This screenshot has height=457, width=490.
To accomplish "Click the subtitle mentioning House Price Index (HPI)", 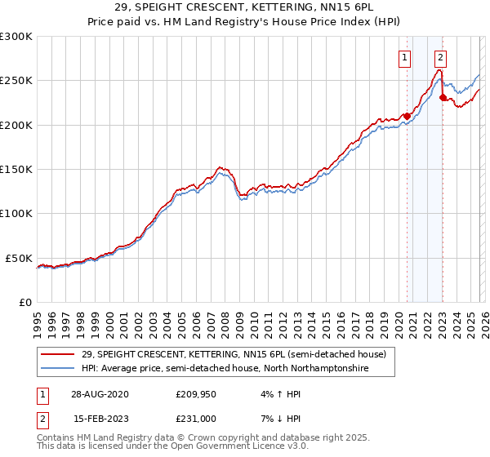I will click(x=245, y=22).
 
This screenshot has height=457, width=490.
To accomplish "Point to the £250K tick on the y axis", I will click(x=16, y=81).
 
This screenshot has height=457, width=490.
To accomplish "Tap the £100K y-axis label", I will click(x=16, y=213).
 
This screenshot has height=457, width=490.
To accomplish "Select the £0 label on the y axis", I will click(x=24, y=302).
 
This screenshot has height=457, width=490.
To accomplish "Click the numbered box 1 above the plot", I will click(x=406, y=57).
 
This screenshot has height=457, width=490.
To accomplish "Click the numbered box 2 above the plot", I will click(x=440, y=57).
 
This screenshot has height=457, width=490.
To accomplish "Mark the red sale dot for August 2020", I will click(x=407, y=116).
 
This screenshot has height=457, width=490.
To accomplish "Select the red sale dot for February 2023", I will click(x=443, y=97).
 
